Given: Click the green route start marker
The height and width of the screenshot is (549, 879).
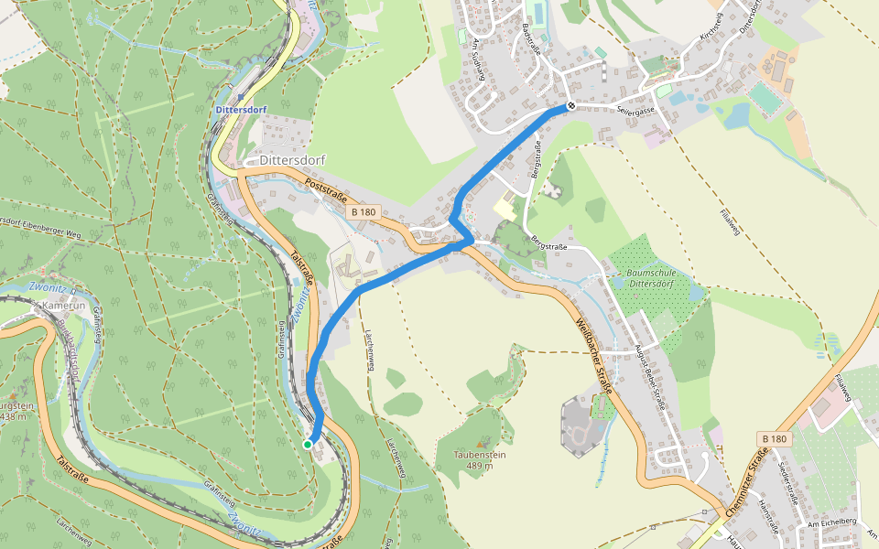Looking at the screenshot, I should (308, 444).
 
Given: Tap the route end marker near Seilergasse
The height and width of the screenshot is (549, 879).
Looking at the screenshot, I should (571, 106).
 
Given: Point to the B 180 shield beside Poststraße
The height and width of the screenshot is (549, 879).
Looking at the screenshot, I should (364, 211).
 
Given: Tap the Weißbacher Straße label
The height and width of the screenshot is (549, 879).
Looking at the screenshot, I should (594, 356).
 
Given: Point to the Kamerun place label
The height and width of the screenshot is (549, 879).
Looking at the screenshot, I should (63, 305).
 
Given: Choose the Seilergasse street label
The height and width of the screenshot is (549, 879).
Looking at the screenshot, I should (635, 111).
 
